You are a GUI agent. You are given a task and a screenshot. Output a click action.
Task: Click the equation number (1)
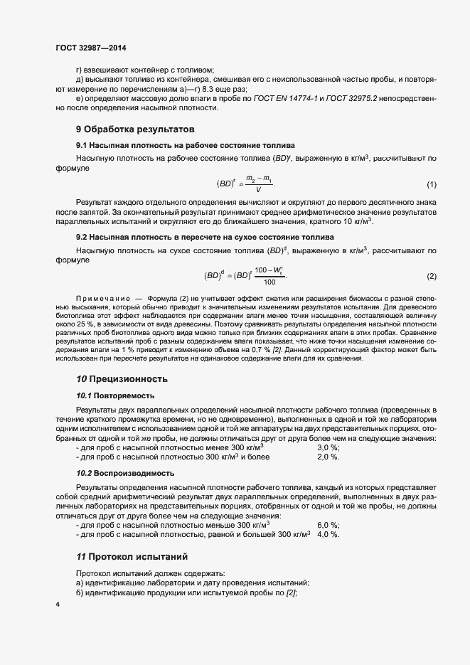click(432, 185)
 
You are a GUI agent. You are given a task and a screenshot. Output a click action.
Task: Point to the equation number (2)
click(432, 276)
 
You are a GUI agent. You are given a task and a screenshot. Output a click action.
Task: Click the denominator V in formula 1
click(257, 191)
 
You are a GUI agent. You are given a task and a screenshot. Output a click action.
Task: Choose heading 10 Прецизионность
click(122, 378)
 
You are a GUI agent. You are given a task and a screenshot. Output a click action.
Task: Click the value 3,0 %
click(328, 447)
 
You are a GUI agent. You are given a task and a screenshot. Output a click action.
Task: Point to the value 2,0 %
click(328, 457)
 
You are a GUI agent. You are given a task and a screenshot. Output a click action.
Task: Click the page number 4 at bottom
click(58, 604)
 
